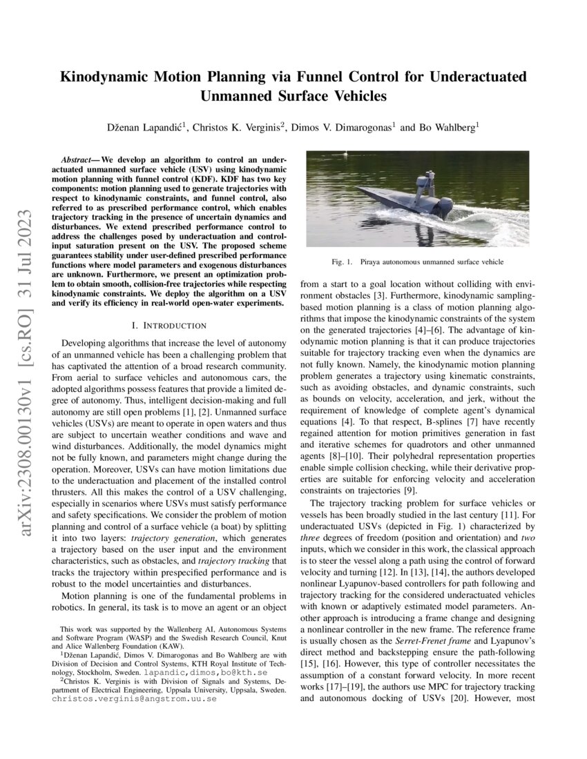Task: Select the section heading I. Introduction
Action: [x=168, y=325]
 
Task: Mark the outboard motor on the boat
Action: [x=443, y=206]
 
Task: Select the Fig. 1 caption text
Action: [x=416, y=262]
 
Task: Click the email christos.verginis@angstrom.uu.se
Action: [x=135, y=698]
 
